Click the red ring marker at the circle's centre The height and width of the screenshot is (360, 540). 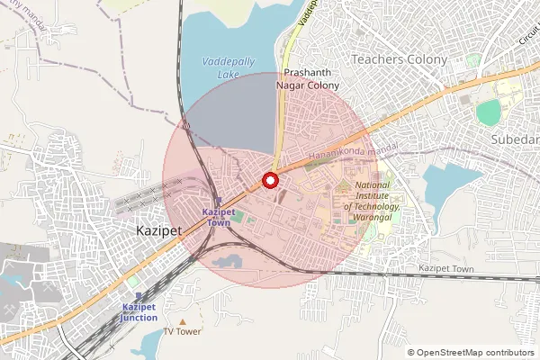269,180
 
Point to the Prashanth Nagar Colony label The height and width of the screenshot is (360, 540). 312,78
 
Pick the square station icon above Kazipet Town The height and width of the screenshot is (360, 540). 219,202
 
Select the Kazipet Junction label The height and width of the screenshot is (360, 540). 139,312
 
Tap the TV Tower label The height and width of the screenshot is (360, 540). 183,331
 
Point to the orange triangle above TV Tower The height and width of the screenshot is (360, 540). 183,320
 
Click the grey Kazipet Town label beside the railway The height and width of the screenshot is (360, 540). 446,269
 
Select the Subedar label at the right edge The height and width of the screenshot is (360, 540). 515,139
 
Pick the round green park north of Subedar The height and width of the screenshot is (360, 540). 488,112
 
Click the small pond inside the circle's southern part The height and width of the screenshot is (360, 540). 228,262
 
